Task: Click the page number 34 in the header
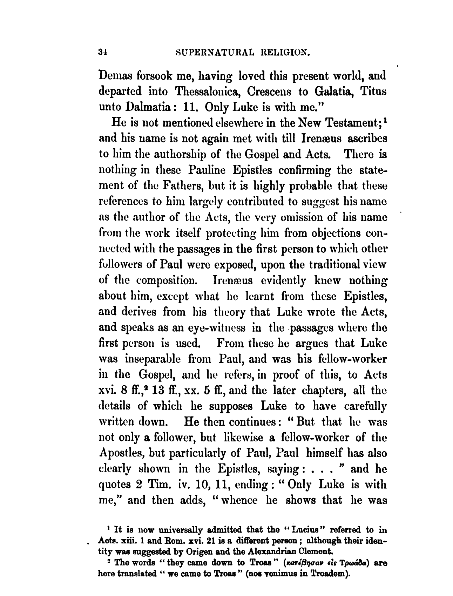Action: [x=102, y=53]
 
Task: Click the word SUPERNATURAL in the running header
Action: [x=211, y=53]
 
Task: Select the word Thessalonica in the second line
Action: [x=207, y=91]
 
